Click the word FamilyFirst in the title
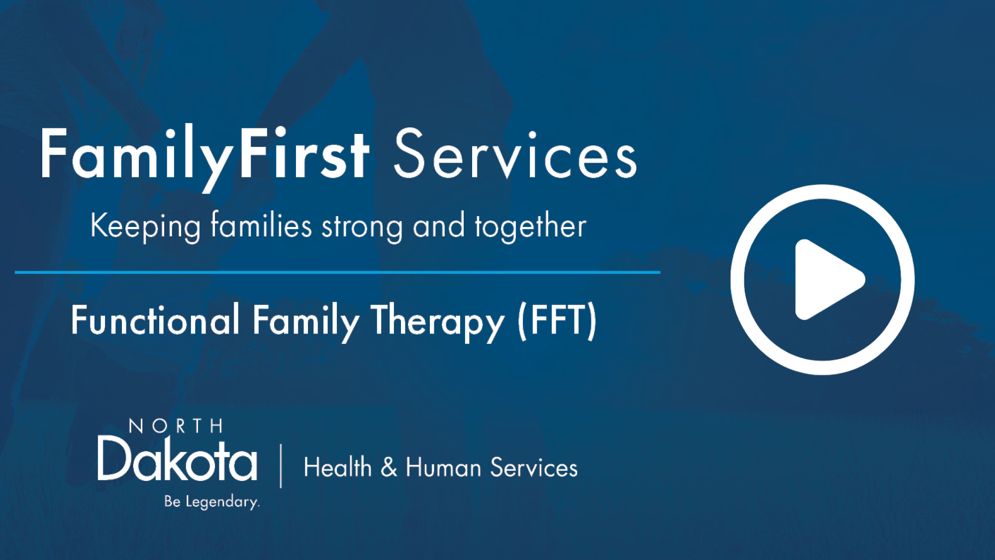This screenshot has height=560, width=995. [204, 154]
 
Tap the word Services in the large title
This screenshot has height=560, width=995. [515, 154]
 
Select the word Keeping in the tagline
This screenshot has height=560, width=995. [145, 226]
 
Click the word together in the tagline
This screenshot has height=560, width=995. [530, 226]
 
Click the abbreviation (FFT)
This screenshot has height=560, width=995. [557, 321]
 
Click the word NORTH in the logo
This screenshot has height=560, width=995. [176, 426]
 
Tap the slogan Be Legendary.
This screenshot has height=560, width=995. [212, 501]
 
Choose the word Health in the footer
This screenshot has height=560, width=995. [338, 467]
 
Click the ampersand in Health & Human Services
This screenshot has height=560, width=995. [389, 467]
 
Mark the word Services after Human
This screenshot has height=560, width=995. [534, 468]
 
